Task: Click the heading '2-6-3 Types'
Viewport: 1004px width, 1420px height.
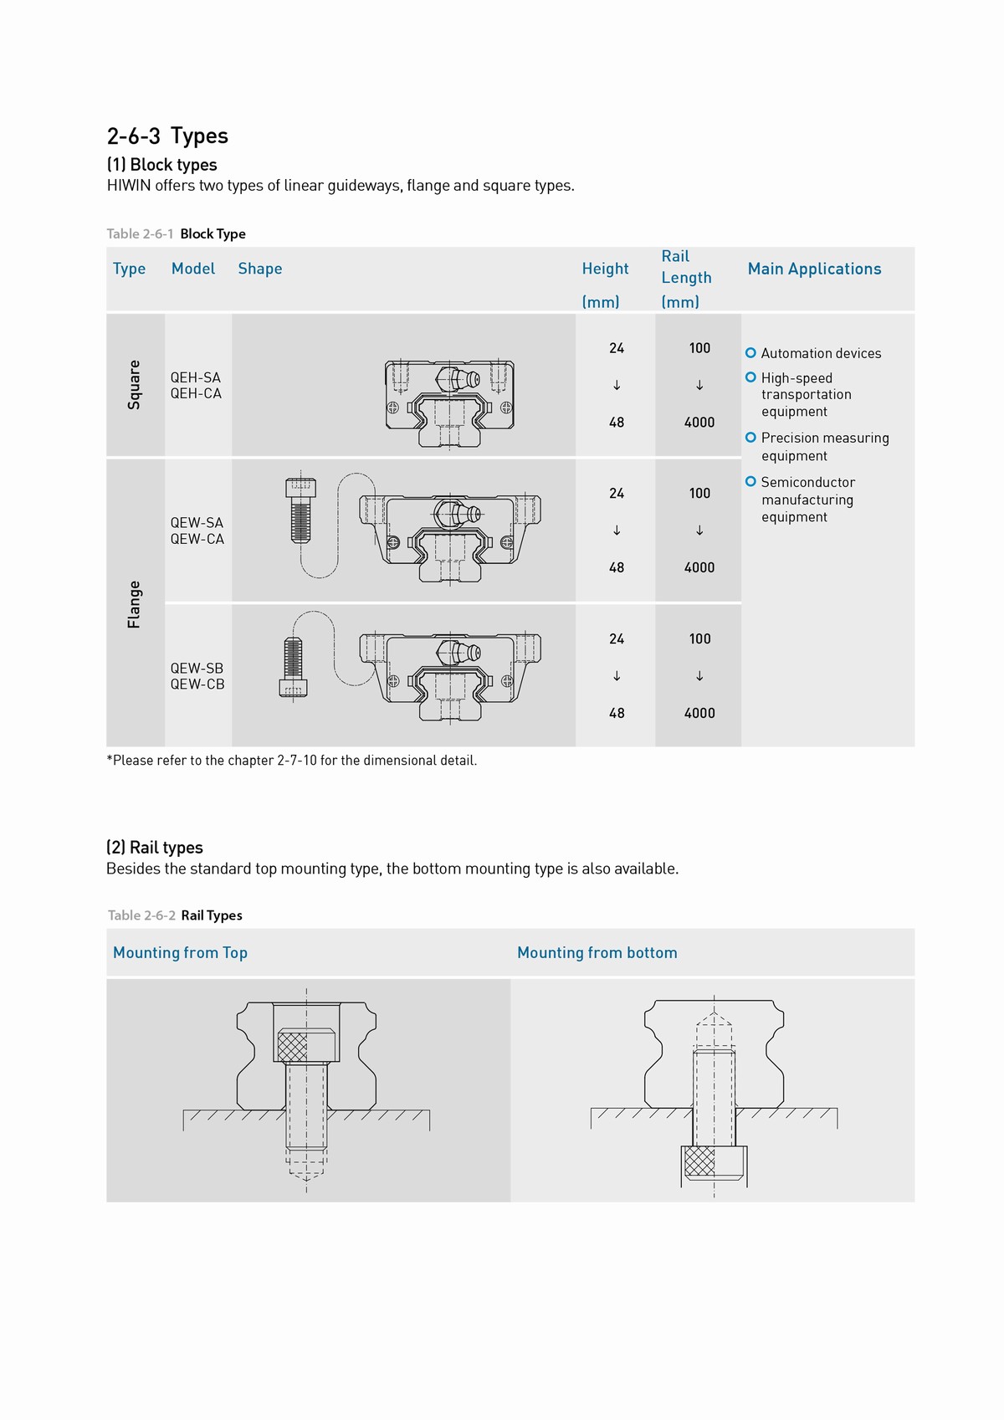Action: click(x=167, y=136)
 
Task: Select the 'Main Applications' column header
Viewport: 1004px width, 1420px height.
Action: click(x=814, y=269)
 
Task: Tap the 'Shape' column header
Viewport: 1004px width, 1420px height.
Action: click(x=259, y=269)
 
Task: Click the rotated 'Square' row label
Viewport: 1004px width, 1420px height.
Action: click(x=134, y=385)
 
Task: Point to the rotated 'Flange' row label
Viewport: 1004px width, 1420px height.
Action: click(x=134, y=604)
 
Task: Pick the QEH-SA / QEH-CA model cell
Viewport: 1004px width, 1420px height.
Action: click(x=196, y=386)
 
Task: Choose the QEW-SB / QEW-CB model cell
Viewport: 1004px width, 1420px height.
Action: click(x=197, y=676)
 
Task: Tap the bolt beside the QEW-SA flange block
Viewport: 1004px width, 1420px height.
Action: click(x=300, y=510)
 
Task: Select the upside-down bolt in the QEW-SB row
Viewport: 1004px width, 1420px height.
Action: click(x=293, y=667)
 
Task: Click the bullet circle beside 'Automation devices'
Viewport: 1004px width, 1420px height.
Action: click(x=750, y=353)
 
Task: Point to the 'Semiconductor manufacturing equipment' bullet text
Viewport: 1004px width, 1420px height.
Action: click(x=807, y=500)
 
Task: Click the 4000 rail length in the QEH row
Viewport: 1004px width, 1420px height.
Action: click(x=699, y=423)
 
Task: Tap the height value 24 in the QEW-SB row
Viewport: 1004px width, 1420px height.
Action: click(x=617, y=639)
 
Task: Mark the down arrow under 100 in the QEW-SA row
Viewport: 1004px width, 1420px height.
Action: click(x=699, y=531)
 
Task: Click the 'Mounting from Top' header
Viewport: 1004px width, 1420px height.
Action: click(x=180, y=952)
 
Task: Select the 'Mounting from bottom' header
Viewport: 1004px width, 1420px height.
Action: click(x=597, y=952)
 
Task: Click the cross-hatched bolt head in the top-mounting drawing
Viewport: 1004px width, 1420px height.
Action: click(x=293, y=1046)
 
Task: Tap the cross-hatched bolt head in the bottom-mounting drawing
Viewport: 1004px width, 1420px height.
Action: click(x=699, y=1161)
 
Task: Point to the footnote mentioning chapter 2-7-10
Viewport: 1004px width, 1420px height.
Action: click(x=291, y=761)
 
